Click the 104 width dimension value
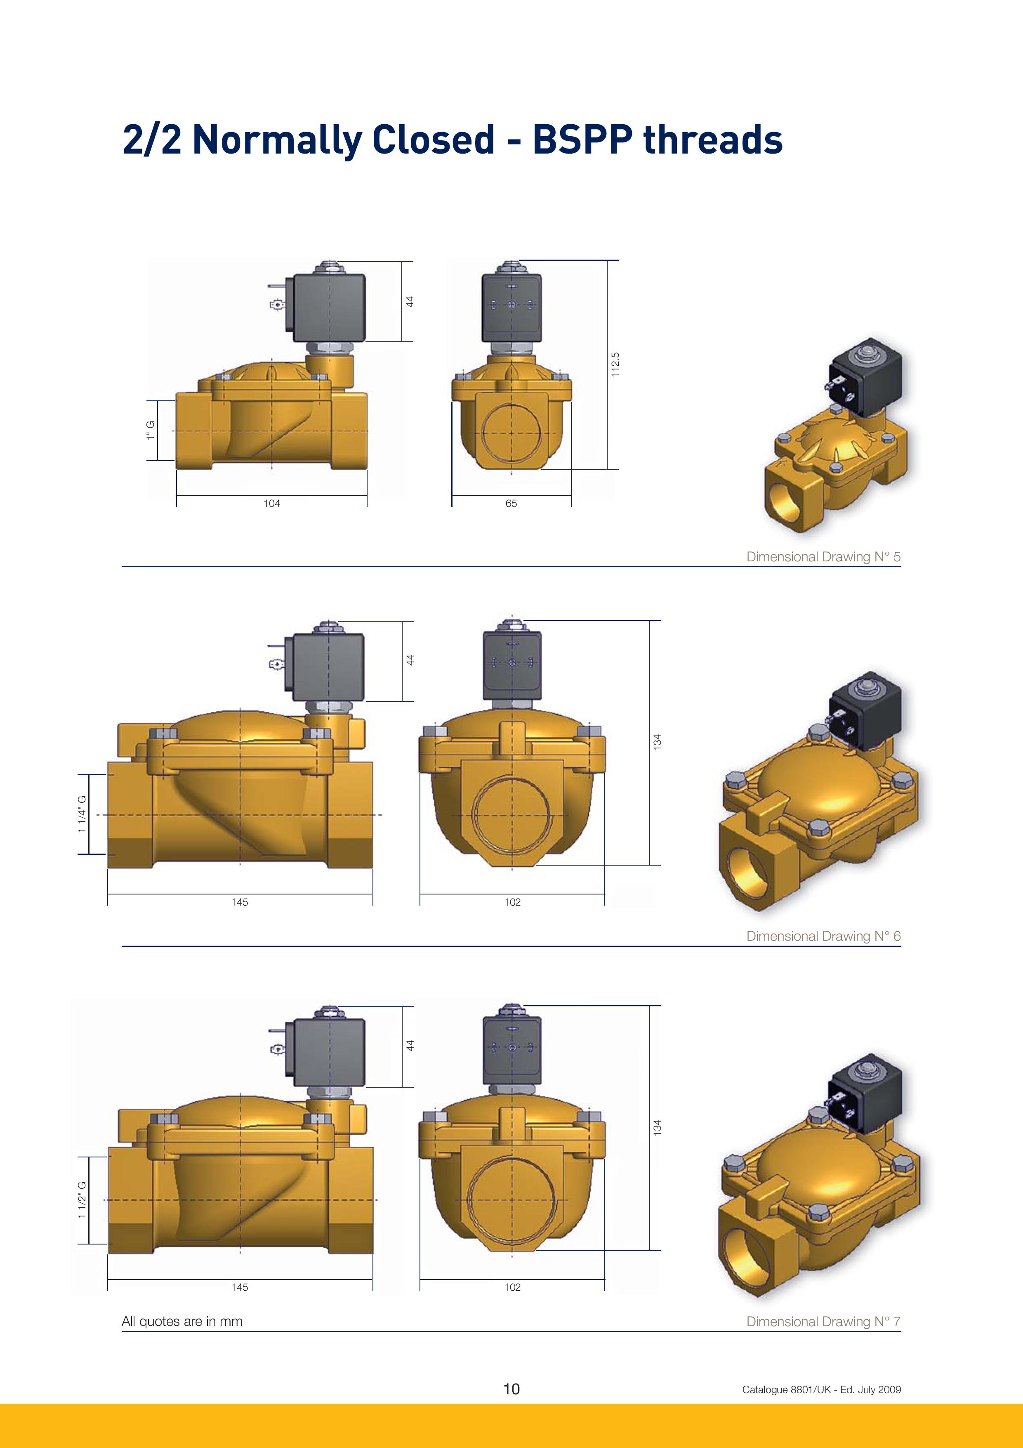(272, 503)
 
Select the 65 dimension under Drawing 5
(511, 503)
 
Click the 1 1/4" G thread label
(82, 814)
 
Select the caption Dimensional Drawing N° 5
(823, 557)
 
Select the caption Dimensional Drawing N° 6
(823, 936)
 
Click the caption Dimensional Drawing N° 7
(823, 1321)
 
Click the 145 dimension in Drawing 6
(240, 902)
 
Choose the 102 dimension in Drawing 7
(512, 1287)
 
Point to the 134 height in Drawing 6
(658, 742)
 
